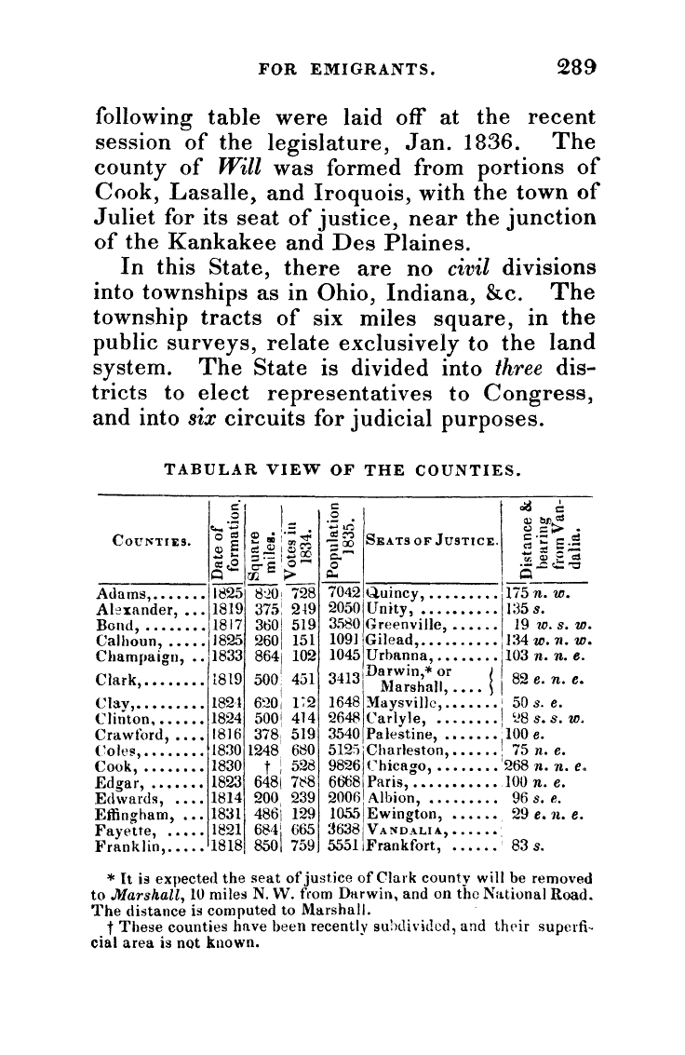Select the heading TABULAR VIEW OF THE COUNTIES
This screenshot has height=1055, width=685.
[342, 466]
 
